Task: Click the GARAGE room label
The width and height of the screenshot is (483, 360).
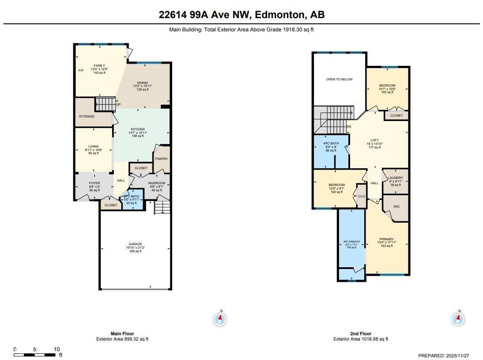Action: pyautogui.click(x=135, y=244)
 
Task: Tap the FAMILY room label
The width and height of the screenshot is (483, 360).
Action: pyautogui.click(x=99, y=66)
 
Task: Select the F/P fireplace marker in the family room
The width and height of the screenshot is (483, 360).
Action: pyautogui.click(x=81, y=71)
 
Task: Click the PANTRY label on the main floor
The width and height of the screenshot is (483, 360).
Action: pyautogui.click(x=162, y=159)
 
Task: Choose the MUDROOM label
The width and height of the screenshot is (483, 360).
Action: pyautogui.click(x=157, y=183)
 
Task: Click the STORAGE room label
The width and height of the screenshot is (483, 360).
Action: pyautogui.click(x=87, y=116)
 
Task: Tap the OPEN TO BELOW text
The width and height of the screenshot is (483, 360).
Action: pyautogui.click(x=339, y=80)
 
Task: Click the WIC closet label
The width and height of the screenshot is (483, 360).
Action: pyautogui.click(x=397, y=206)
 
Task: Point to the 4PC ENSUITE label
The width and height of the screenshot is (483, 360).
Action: pyautogui.click(x=351, y=242)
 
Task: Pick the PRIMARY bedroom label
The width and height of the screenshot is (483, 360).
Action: pyautogui.click(x=386, y=239)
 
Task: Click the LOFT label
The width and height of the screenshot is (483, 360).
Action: pyautogui.click(x=374, y=140)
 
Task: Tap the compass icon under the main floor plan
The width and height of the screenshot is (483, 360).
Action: pyautogui.click(x=220, y=318)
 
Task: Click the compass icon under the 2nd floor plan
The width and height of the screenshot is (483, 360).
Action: pyautogui.click(x=458, y=318)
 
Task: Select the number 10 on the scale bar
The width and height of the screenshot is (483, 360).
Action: pyautogui.click(x=57, y=349)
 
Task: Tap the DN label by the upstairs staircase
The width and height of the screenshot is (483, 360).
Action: pyautogui.click(x=349, y=127)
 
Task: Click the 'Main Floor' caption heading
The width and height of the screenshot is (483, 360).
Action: pyautogui.click(x=122, y=333)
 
